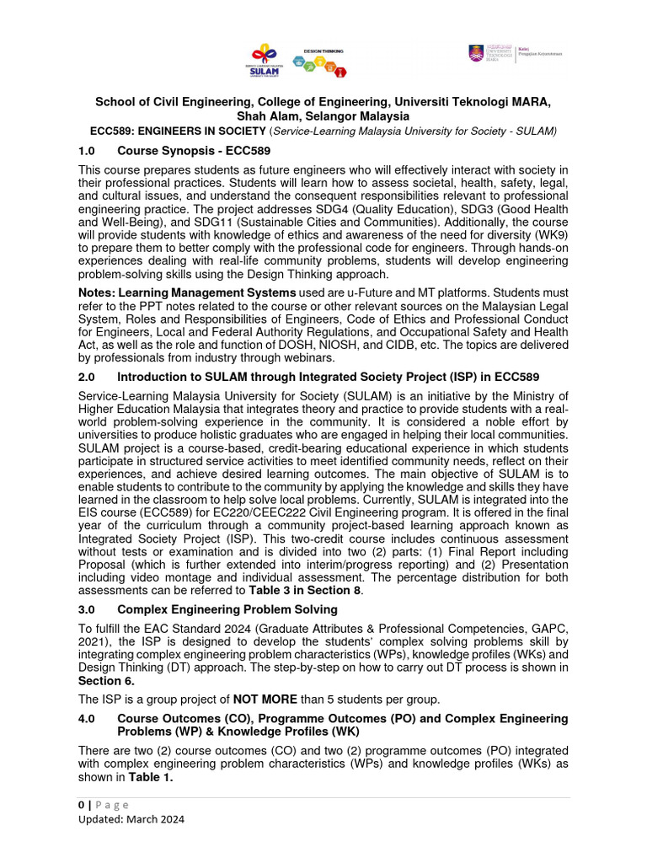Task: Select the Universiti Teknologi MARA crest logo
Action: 477,53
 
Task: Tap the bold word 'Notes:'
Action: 96,292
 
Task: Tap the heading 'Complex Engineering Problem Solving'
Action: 227,608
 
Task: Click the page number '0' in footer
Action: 82,805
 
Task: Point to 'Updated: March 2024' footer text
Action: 131,819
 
